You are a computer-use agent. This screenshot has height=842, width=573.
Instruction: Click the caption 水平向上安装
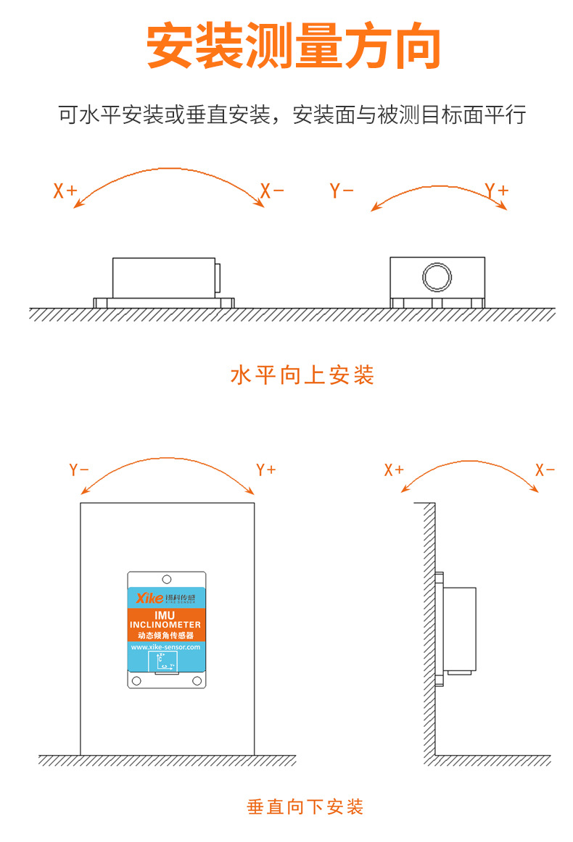(x=302, y=375)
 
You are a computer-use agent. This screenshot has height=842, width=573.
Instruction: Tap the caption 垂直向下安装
(x=305, y=806)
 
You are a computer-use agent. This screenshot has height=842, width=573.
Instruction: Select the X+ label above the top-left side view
(x=65, y=191)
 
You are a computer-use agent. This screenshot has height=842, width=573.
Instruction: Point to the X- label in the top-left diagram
(x=272, y=191)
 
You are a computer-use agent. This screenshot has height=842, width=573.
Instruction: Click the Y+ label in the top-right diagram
(x=497, y=191)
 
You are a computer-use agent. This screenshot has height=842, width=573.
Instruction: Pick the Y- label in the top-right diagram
(x=342, y=191)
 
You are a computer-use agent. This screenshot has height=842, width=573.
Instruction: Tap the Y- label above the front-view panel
(x=79, y=470)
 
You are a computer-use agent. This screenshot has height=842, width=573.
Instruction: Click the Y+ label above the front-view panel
(x=266, y=470)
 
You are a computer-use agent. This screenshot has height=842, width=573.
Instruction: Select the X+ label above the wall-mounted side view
(x=394, y=470)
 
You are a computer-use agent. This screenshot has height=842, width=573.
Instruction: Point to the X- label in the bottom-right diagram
(x=545, y=470)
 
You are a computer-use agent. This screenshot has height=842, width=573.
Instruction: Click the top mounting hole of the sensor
(x=167, y=580)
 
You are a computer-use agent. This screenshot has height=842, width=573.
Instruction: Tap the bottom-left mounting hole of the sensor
(x=136, y=680)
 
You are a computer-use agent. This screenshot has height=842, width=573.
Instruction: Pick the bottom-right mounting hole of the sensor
(x=197, y=680)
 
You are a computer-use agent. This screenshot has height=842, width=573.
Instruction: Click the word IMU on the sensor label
(x=165, y=614)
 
